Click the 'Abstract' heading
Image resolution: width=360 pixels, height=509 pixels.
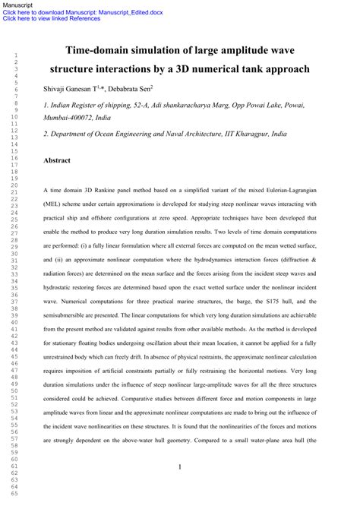57,161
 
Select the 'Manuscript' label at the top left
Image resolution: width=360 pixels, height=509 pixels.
16,5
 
